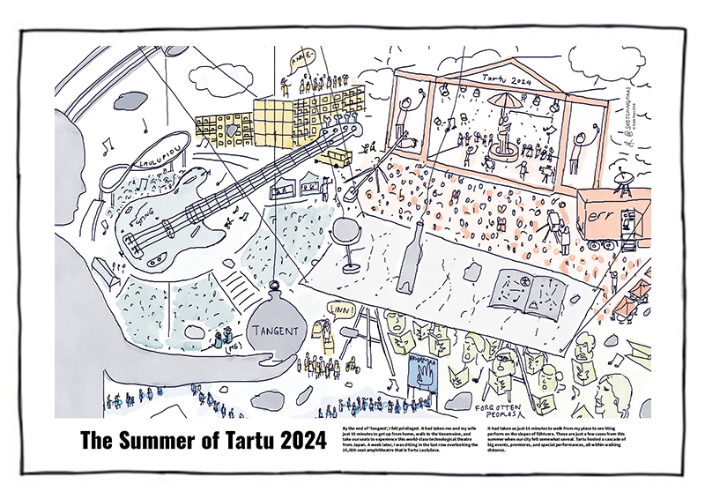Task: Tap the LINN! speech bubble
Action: pos(339,309)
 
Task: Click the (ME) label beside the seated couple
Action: pos(210,348)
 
